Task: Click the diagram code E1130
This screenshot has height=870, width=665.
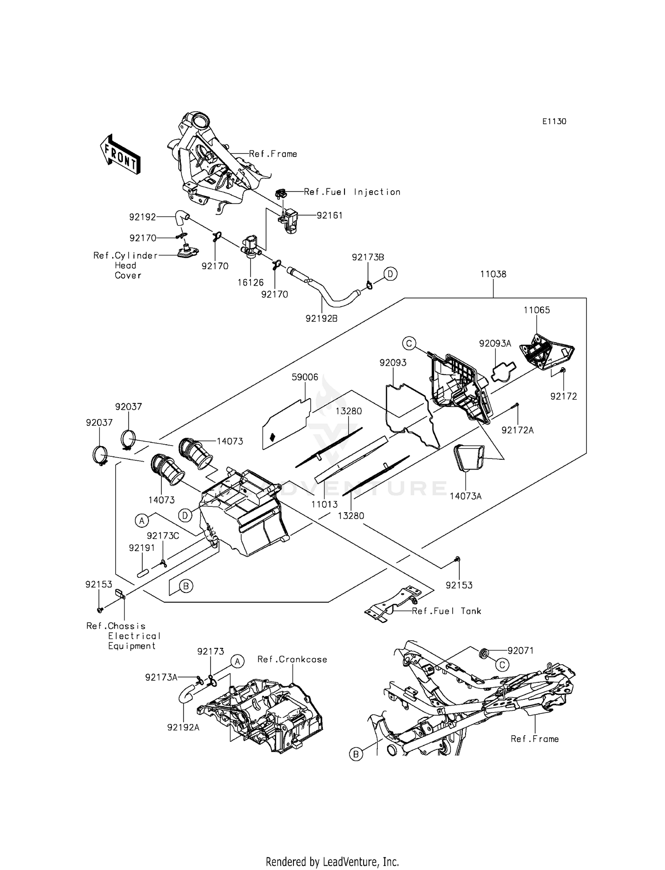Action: (554, 121)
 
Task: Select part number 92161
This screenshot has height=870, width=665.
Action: (329, 216)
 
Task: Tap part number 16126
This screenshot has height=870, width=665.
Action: (250, 282)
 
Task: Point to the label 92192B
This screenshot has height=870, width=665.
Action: (321, 318)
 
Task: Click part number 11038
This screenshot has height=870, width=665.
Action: (493, 274)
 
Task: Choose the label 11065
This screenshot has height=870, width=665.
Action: (536, 310)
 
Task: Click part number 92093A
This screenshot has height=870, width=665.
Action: (495, 344)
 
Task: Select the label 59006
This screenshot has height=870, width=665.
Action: (305, 377)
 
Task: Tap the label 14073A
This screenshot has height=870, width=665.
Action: (465, 496)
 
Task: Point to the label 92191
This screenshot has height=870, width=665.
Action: (142, 548)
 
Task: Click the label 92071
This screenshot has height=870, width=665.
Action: (520, 651)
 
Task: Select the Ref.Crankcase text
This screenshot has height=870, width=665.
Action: (292, 659)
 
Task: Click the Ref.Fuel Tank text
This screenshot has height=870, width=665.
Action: (446, 611)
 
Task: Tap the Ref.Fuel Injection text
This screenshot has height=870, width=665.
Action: (352, 192)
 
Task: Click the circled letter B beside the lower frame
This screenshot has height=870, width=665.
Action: (355, 754)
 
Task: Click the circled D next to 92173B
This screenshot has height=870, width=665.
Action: (390, 274)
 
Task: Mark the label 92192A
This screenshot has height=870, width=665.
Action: (183, 727)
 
